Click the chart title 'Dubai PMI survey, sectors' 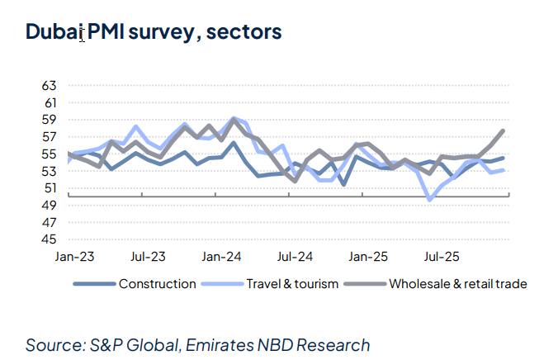[153, 32]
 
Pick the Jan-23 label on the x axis [69, 257]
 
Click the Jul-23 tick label [149, 257]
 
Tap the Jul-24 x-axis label [295, 257]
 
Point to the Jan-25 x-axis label [369, 257]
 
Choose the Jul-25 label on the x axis [443, 257]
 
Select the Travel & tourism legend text [292, 284]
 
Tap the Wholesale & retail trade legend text [456, 284]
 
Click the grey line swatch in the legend [366, 284]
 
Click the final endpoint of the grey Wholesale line [503, 131]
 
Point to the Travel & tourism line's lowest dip [430, 199]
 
